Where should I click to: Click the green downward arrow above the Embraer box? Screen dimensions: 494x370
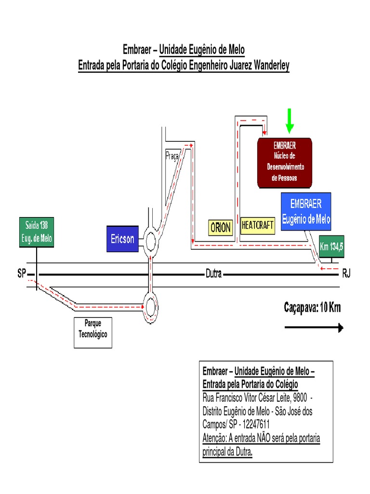(x=289, y=121)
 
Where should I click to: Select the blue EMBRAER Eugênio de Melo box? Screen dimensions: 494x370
(x=306, y=211)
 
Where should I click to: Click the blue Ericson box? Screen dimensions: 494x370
(x=122, y=239)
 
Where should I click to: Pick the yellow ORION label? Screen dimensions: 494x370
(x=221, y=227)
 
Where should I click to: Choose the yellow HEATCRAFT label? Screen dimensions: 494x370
(x=257, y=225)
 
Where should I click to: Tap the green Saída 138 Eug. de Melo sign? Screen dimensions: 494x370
(x=37, y=233)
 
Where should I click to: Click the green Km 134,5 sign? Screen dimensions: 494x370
(x=331, y=247)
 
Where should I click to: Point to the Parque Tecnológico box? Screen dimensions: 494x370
(x=93, y=332)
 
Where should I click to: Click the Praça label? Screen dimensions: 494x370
(x=172, y=155)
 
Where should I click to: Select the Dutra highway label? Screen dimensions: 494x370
(x=213, y=274)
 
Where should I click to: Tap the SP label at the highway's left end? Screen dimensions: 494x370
(x=21, y=274)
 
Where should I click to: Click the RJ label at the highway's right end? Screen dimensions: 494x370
(x=346, y=274)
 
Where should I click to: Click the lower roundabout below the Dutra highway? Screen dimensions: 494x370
(x=151, y=306)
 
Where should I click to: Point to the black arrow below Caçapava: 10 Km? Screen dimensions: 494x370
(x=314, y=328)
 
